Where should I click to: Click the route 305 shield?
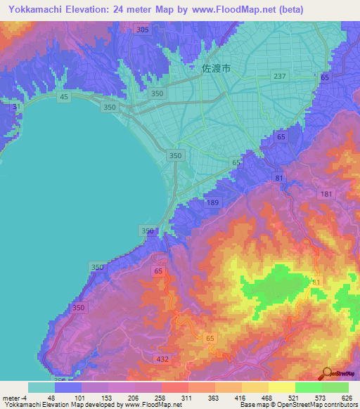143,30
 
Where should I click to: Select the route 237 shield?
280,76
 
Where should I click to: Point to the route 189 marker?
212,202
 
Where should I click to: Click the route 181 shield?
326,194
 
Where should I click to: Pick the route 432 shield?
162,359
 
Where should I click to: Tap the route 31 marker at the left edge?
15,108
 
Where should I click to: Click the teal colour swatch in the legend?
41,387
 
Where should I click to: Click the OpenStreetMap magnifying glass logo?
327,373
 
